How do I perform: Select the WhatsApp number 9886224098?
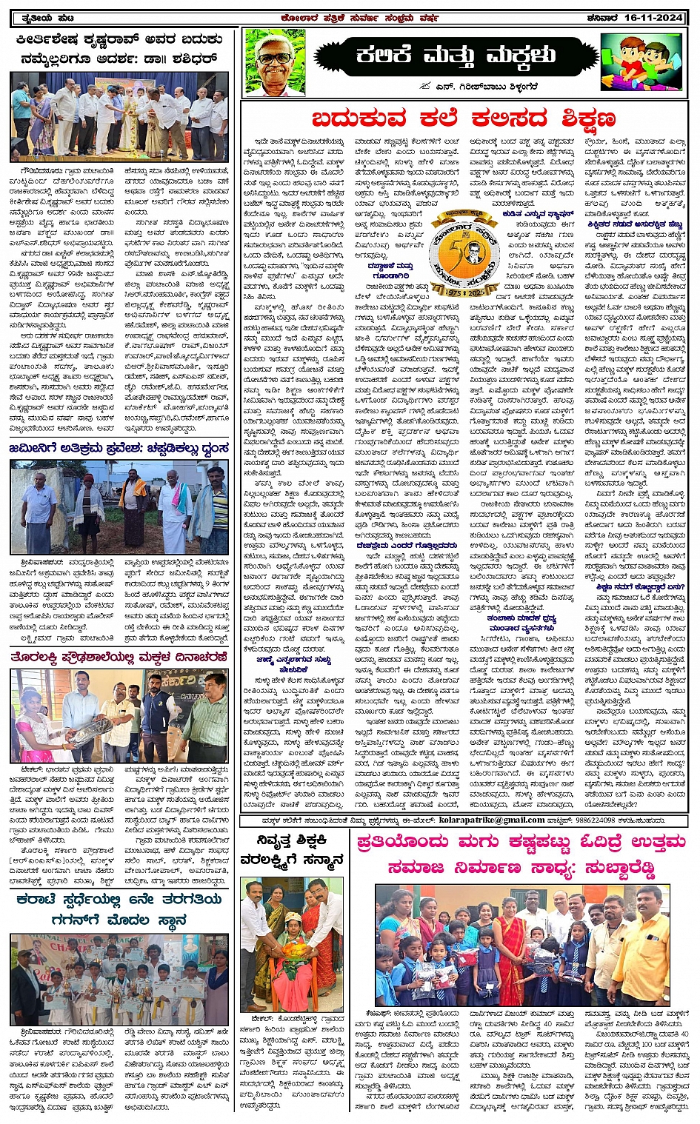pos(598,820)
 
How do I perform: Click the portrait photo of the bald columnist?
pos(274,63)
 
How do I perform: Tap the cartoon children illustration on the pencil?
pos(643,61)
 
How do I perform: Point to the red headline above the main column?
pos(463,118)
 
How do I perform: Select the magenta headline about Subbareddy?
pos(521,855)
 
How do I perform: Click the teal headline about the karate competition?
pos(119,909)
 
